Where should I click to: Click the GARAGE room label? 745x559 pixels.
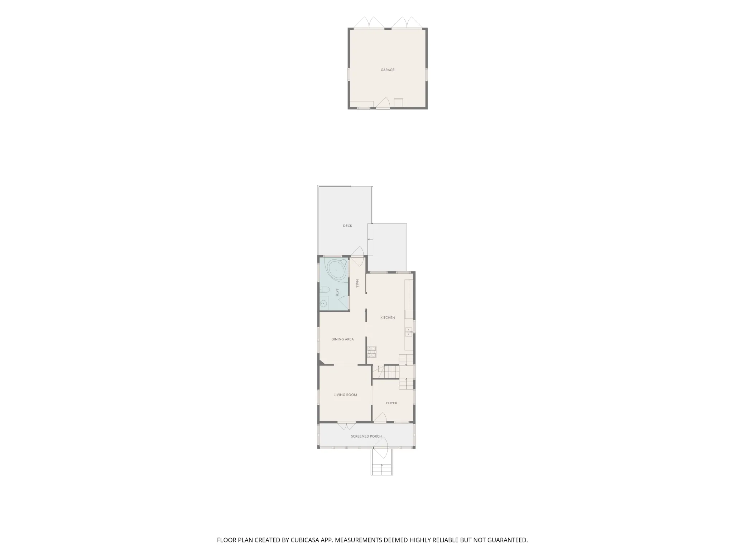388,70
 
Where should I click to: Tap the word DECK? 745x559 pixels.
347,226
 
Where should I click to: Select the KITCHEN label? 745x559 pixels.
388,317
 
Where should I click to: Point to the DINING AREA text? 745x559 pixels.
342,339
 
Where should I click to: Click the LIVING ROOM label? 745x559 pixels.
345,395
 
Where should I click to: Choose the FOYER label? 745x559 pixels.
391,403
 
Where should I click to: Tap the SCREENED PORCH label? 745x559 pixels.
366,436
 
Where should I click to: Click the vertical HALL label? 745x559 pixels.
357,284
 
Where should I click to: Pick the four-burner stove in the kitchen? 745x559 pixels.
371,352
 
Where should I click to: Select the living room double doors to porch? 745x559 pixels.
346,426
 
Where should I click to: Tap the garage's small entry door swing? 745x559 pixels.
383,102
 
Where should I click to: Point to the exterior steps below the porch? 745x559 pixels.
382,469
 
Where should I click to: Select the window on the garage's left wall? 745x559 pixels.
349,75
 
